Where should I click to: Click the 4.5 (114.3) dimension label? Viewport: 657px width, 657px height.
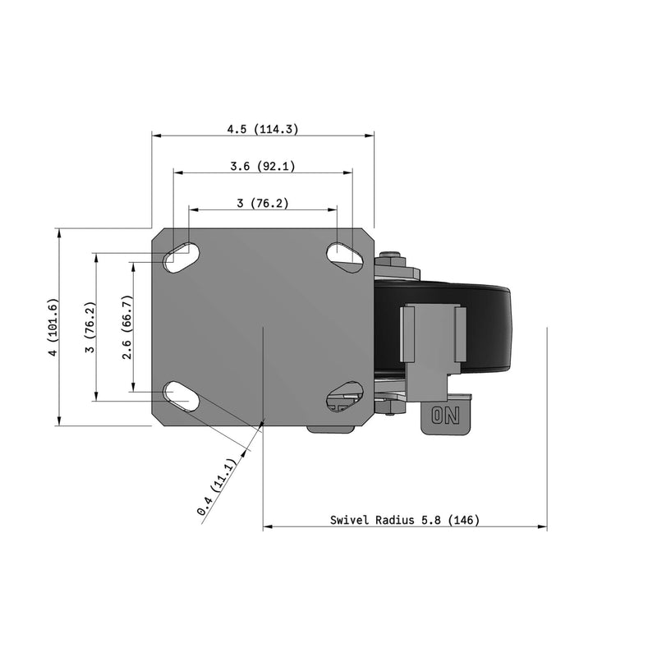pyautogui.click(x=263, y=129)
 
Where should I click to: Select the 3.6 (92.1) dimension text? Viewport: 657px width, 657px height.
pyautogui.click(x=263, y=166)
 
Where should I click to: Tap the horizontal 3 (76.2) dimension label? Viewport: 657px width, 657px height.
pyautogui.click(x=263, y=203)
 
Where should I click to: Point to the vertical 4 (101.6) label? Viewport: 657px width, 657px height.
pyautogui.click(x=53, y=328)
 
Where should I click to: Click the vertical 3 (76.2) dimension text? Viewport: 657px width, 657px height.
pyautogui.click(x=91, y=327)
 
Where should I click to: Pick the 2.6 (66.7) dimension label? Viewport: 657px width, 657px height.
pyautogui.click(x=127, y=327)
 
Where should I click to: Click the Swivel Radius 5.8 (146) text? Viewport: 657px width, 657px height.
pyautogui.click(x=405, y=520)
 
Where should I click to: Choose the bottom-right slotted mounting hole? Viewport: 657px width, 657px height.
pyautogui.click(x=346, y=395)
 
